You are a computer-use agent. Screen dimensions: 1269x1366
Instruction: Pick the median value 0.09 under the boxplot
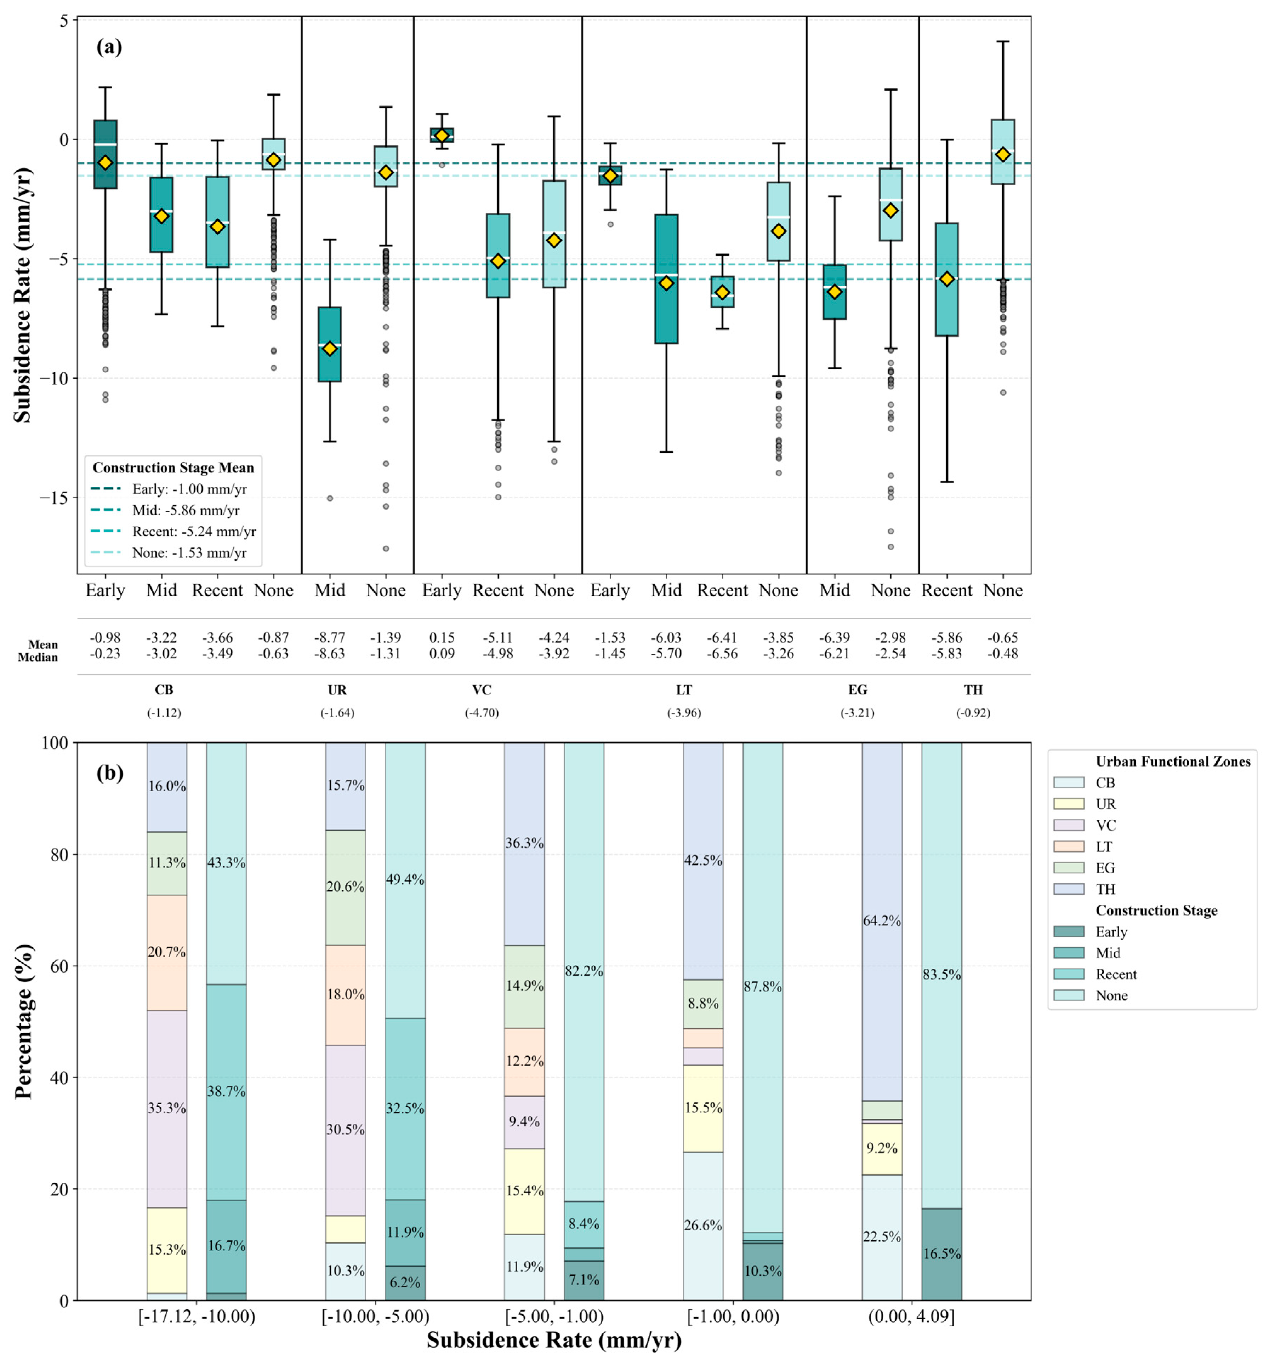pyautogui.click(x=442, y=654)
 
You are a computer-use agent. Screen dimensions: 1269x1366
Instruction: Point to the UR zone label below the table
pyautogui.click(x=337, y=690)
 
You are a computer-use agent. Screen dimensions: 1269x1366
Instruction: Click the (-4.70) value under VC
pyautogui.click(x=482, y=712)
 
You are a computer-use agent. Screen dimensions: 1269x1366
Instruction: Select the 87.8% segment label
pyautogui.click(x=762, y=986)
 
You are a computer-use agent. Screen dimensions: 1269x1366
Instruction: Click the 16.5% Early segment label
pyautogui.click(x=941, y=1254)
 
